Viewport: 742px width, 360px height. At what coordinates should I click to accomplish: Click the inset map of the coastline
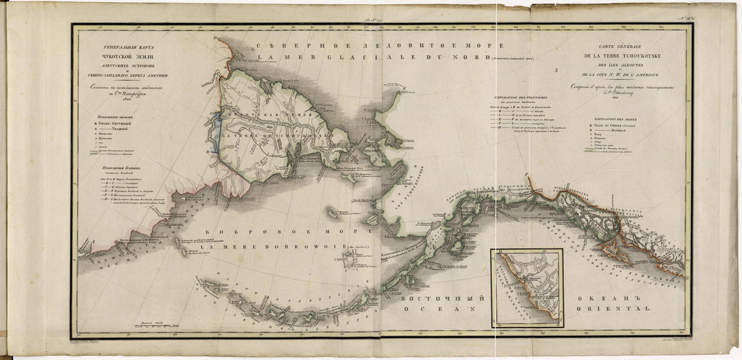tap(527, 286)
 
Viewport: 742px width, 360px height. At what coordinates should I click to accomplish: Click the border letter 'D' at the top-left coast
tap(215, 38)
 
